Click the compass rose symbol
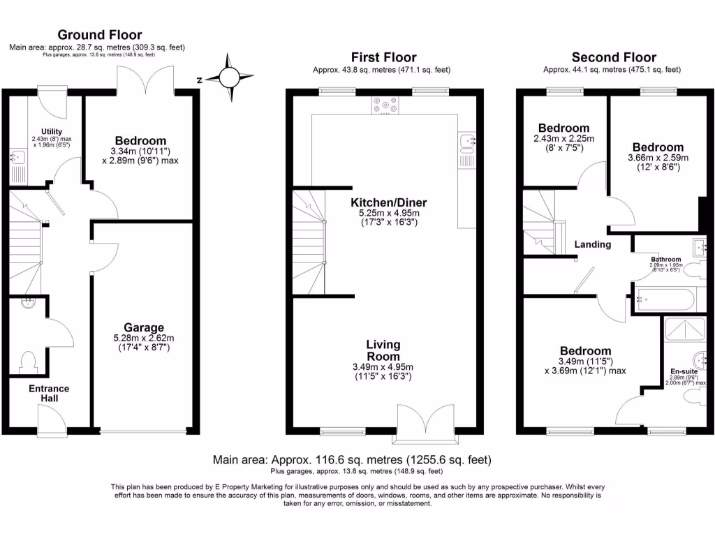(x=228, y=78)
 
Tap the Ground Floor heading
(x=99, y=35)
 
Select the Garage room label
(x=144, y=327)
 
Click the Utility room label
(x=52, y=131)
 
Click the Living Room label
(x=384, y=350)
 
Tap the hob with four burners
(x=385, y=104)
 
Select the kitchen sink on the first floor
(x=466, y=143)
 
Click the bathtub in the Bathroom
(x=664, y=301)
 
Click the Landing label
(x=593, y=244)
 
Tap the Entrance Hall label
(x=49, y=393)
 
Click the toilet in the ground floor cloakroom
(x=29, y=362)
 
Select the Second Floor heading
(x=614, y=57)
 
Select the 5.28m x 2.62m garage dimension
(x=144, y=343)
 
